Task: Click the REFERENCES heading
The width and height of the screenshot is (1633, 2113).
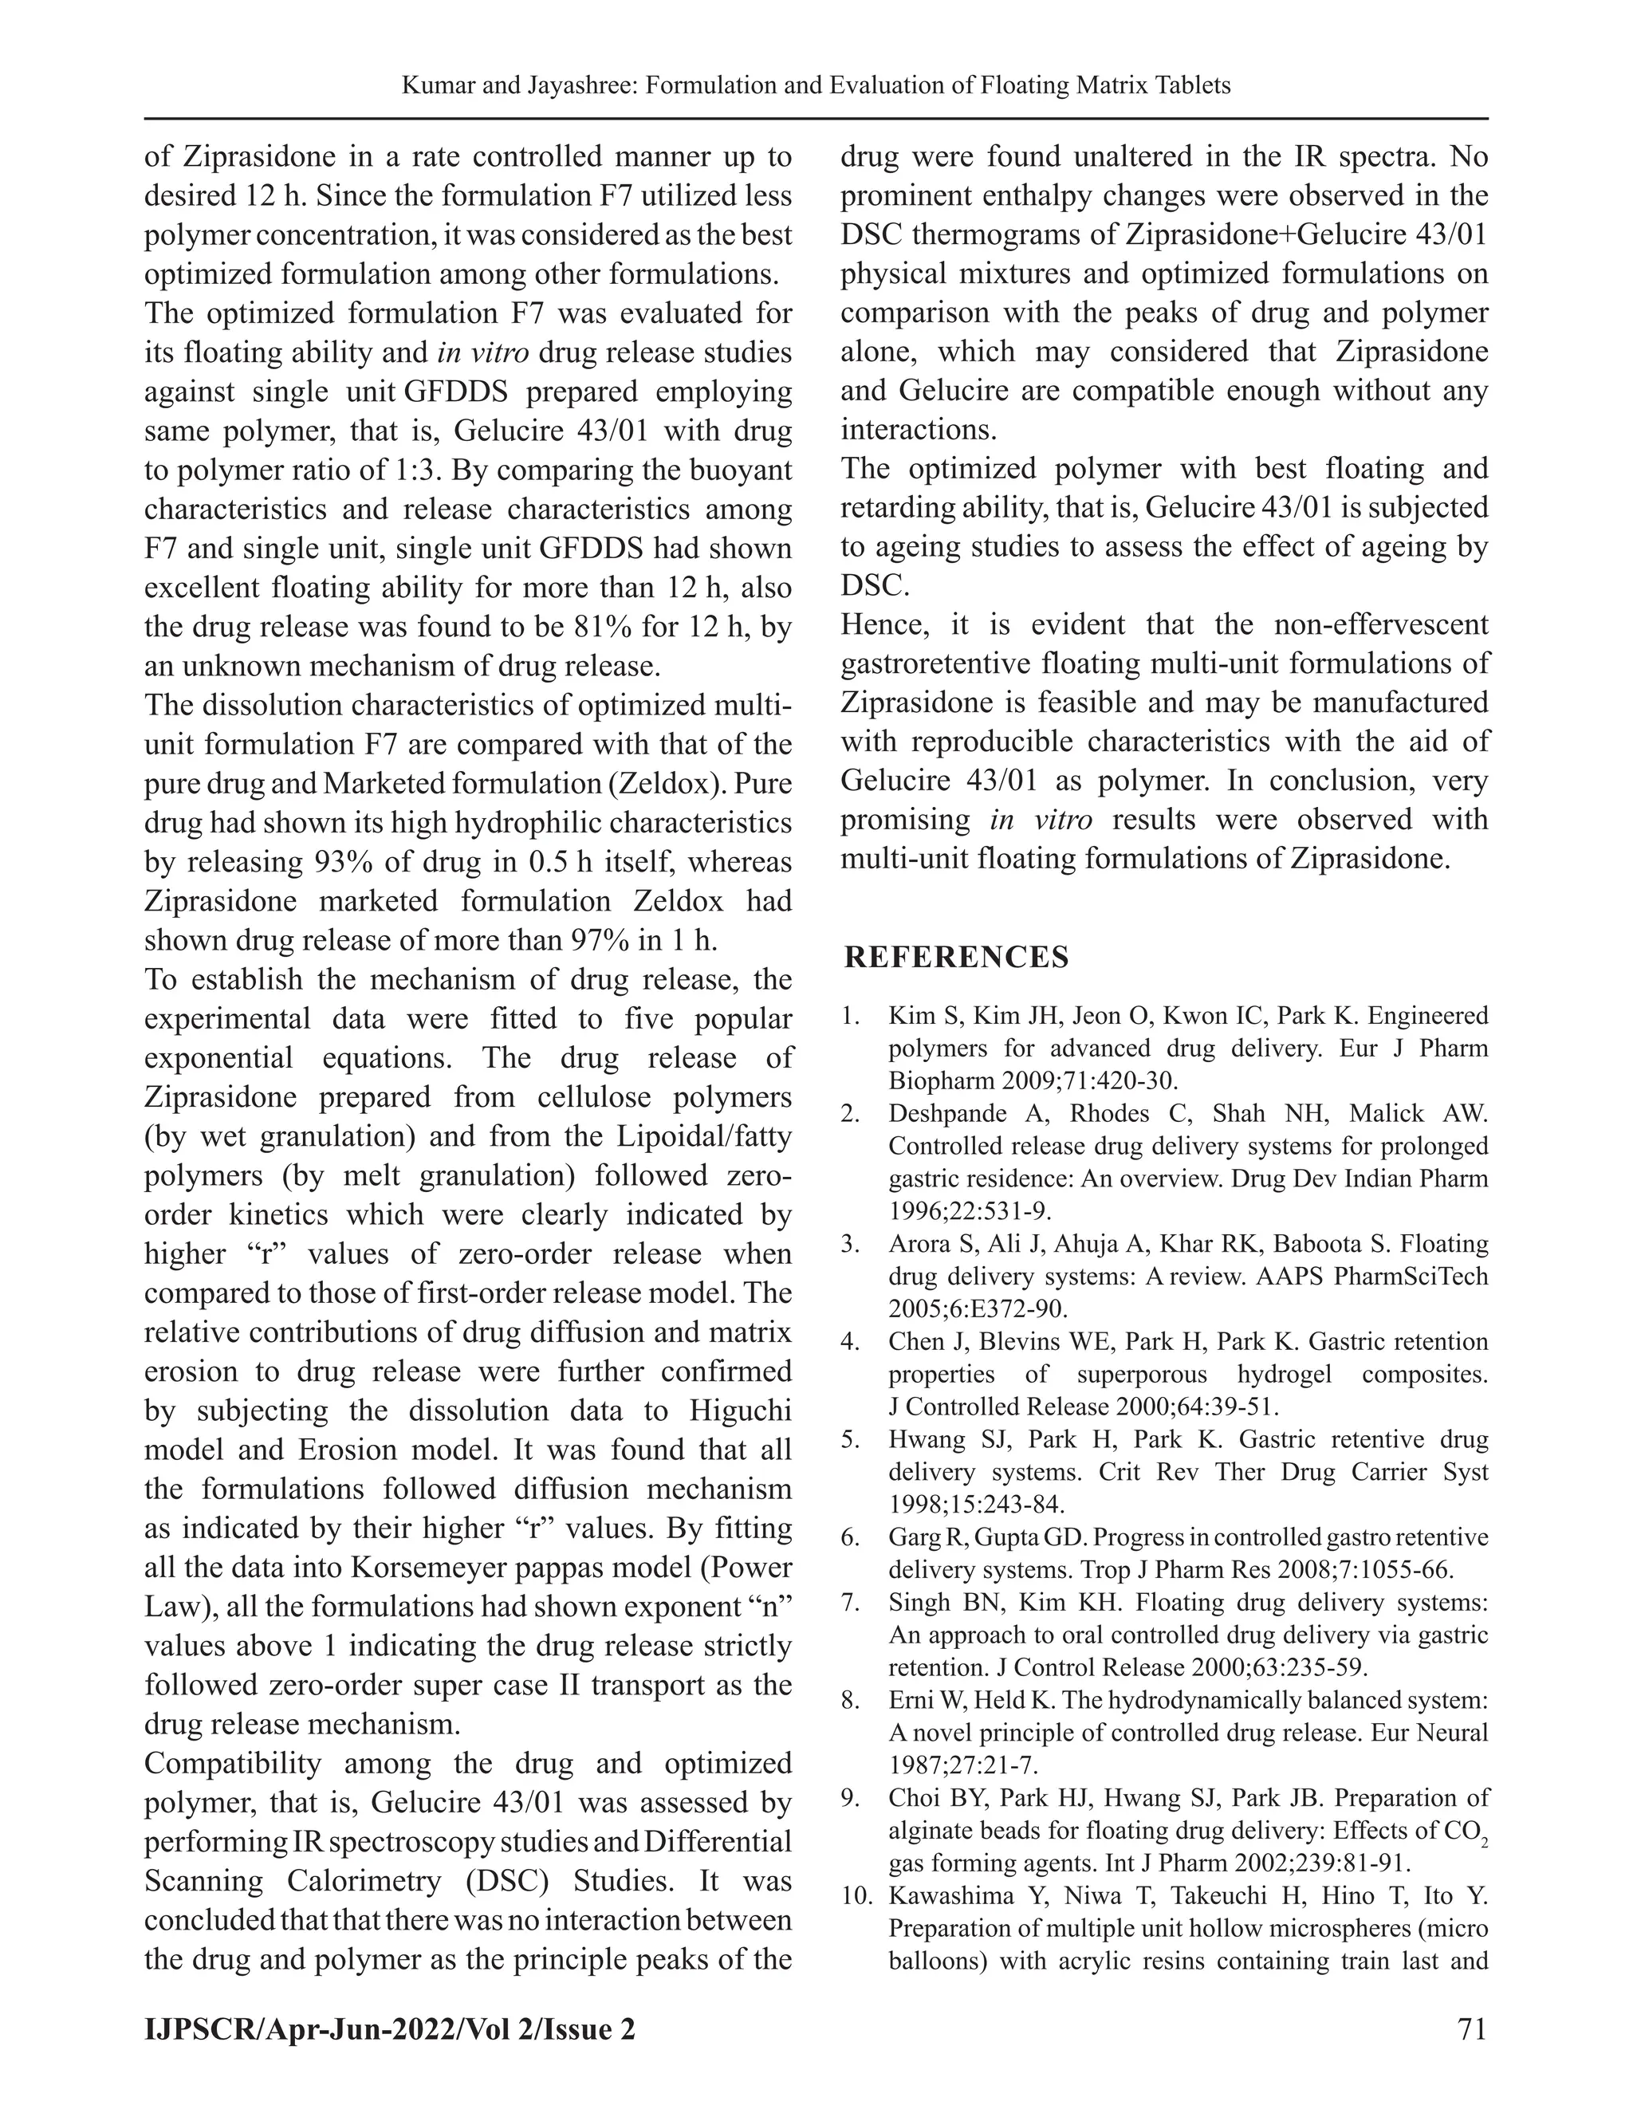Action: coord(956,957)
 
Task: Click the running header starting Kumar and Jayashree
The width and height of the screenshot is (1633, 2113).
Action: coord(816,85)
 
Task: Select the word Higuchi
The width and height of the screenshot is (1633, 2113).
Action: coord(740,1411)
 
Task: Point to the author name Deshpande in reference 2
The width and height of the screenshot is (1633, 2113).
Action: coord(948,1114)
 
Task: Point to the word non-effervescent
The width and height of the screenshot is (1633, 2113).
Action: coord(1382,625)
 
